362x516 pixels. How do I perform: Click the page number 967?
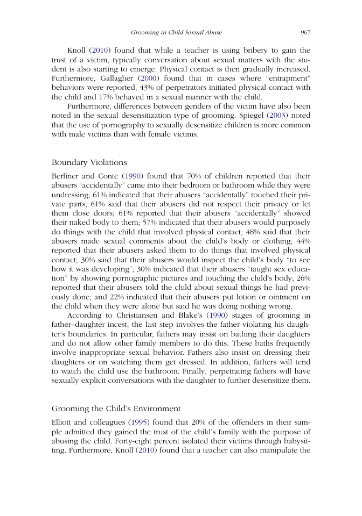305,32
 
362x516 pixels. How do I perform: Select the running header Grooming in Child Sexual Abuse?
176,32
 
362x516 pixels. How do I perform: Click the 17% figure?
108,98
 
